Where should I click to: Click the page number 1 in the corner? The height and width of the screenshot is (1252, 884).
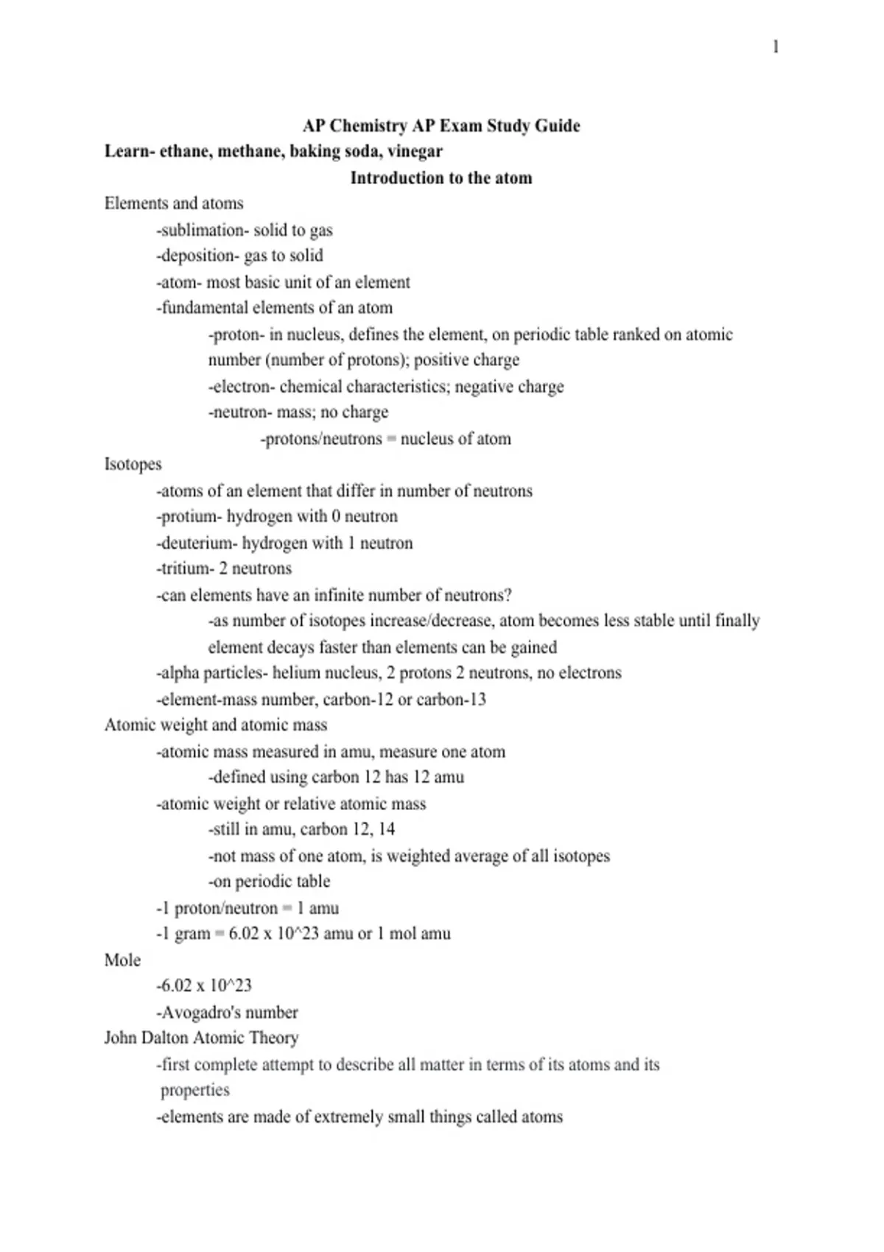coord(776,47)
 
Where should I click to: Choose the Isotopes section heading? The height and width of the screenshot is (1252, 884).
coord(133,465)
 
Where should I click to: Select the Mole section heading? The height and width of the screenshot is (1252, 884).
coord(122,960)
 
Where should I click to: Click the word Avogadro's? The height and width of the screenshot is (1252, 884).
coord(198,1013)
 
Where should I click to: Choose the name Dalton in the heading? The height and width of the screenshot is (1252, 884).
coord(164,1038)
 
